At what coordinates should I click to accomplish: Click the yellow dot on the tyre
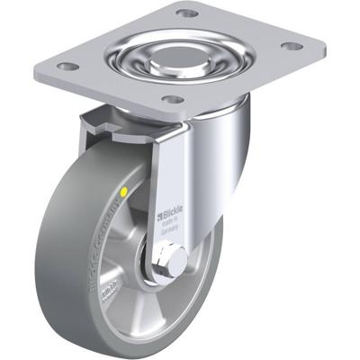122,193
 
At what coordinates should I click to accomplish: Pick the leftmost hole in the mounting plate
63,66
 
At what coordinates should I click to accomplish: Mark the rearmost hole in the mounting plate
186,13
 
